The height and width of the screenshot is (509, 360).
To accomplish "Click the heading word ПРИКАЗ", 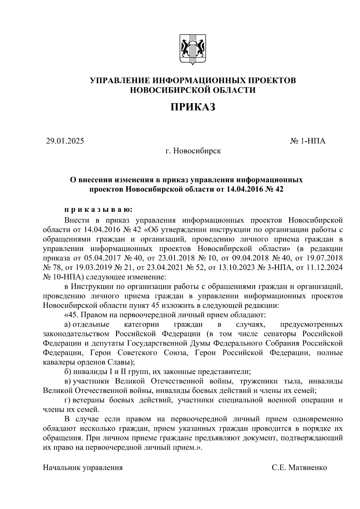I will pyautogui.click(x=193, y=107).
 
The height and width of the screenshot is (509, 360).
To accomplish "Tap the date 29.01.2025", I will pyautogui.click(x=65, y=141).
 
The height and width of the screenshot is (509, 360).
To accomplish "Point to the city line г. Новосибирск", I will pyautogui.click(x=193, y=151).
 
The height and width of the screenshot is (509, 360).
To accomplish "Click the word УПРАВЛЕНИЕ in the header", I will pyautogui.click(x=121, y=80).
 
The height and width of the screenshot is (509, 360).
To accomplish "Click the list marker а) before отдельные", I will pyautogui.click(x=67, y=325).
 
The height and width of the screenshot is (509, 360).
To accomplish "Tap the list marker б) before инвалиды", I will pyautogui.click(x=67, y=372).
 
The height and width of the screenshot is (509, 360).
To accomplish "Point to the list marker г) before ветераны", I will pyautogui.click(x=67, y=400).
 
